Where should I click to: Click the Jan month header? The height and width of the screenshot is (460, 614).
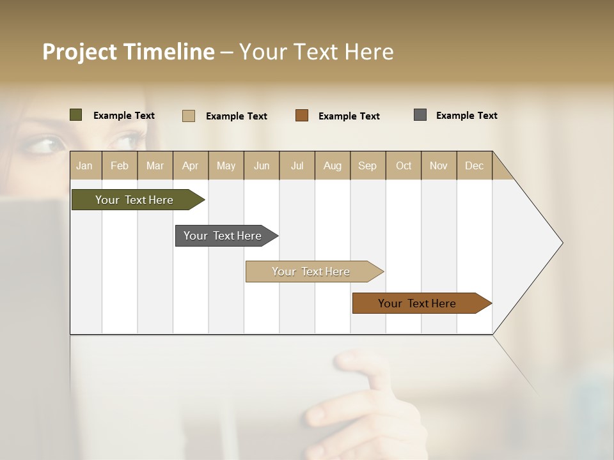84,165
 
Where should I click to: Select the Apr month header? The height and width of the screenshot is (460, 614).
190,165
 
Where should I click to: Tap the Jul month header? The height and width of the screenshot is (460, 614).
297,165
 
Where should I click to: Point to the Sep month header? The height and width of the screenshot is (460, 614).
367,165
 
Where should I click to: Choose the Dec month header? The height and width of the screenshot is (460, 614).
474,165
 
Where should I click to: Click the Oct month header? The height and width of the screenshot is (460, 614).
404,165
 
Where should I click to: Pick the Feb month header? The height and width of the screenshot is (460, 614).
120,165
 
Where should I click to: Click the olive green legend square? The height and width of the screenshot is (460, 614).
76,115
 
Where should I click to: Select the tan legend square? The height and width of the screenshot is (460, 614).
189,116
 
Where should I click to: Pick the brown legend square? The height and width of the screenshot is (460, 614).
302,116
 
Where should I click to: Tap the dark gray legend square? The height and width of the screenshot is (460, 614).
420,115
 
